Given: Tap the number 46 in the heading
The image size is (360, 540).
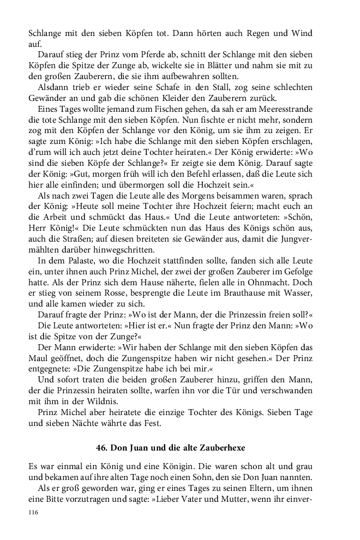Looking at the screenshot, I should tap(101, 448).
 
